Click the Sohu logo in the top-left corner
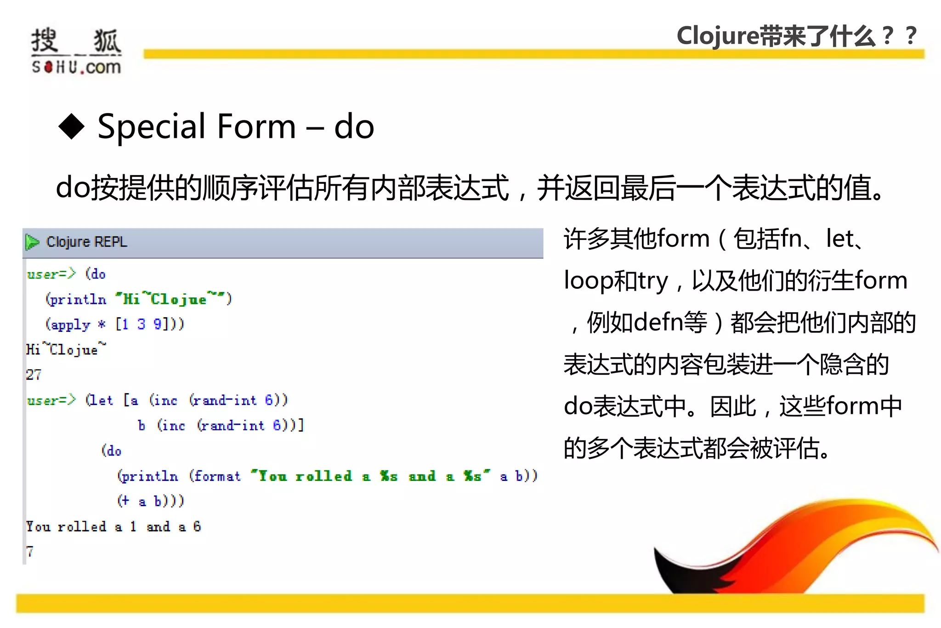click(76, 51)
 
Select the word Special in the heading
click(151, 127)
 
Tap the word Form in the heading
click(256, 126)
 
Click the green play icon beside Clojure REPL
click(32, 242)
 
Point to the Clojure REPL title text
click(86, 242)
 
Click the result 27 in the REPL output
click(34, 375)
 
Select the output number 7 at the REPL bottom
click(30, 551)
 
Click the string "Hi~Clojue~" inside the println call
click(169, 299)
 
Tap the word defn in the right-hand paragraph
click(658, 322)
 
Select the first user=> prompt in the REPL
click(51, 274)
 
